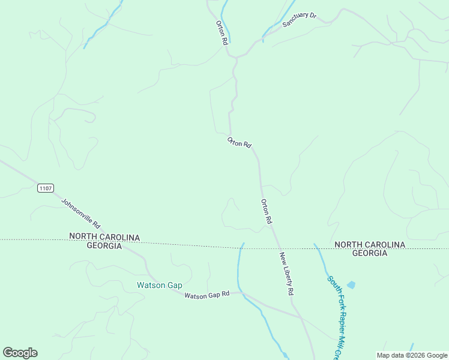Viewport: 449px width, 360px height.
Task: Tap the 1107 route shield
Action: (45, 188)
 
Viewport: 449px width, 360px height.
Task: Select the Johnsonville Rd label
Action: (80, 211)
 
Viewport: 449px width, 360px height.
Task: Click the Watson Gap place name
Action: (159, 285)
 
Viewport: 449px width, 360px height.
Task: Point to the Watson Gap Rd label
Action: (207, 295)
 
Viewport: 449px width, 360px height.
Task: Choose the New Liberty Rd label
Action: (286, 273)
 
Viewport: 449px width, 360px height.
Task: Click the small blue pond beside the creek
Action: (351, 285)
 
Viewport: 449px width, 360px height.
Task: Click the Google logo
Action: (20, 353)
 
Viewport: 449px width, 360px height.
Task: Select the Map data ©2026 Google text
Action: (412, 355)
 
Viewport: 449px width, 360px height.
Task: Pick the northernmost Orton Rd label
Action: (221, 33)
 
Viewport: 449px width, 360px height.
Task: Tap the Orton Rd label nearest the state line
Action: (266, 212)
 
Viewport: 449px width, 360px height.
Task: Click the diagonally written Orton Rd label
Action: (239, 143)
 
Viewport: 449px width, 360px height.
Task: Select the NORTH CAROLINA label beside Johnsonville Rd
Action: (104, 237)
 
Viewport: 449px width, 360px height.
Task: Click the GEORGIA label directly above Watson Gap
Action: (104, 246)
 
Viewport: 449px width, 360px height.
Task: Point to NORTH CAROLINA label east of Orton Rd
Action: (369, 244)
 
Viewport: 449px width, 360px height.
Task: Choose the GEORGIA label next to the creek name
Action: (369, 253)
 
